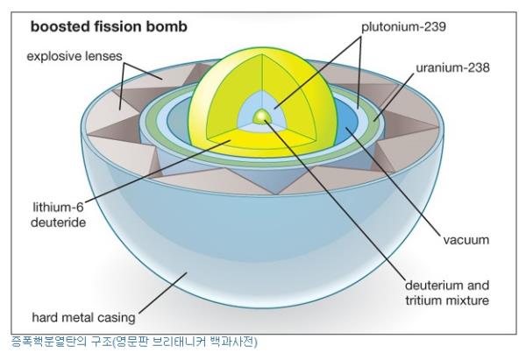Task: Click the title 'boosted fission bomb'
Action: coord(109,26)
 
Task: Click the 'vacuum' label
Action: coord(466,239)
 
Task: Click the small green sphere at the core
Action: coord(260,116)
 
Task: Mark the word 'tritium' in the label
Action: coord(422,301)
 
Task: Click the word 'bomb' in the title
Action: coord(167,26)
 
